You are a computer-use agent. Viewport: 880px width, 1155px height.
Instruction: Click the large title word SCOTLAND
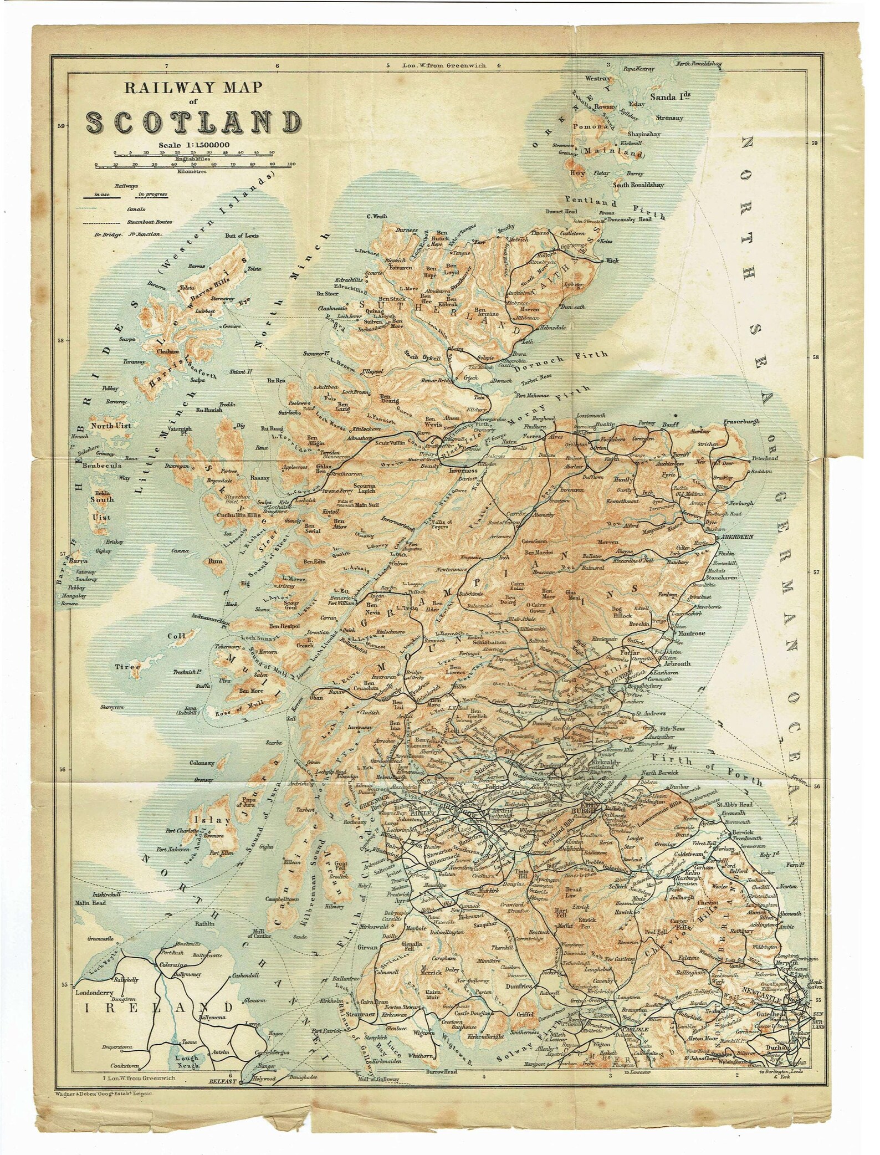(193, 121)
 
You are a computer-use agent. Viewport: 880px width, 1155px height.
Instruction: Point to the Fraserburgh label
(741, 422)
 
